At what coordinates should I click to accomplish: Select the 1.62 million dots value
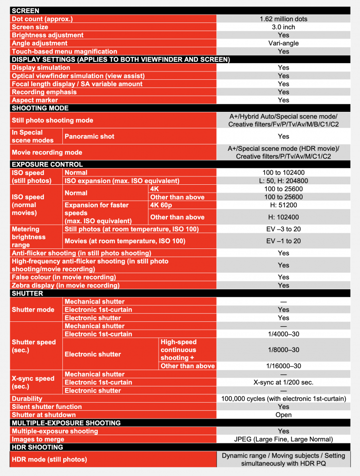[283, 19]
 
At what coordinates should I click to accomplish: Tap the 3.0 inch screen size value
[283, 27]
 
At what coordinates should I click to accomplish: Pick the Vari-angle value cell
[283, 43]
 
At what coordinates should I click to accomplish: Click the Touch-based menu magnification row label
[64, 52]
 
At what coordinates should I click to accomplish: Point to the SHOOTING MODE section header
[40, 108]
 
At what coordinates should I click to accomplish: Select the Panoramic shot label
[90, 137]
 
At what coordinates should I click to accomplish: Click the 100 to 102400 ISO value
[283, 173]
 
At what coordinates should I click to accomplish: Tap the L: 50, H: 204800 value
[283, 181]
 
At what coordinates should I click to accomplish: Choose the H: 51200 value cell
[283, 205]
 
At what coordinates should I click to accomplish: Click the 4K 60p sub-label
[162, 205]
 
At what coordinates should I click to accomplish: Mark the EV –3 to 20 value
[283, 229]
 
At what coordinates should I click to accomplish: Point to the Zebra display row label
[65, 285]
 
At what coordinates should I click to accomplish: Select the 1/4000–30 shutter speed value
[283, 334]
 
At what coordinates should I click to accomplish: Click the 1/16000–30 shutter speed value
[283, 366]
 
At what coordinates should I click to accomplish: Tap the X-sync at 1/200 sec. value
[283, 382]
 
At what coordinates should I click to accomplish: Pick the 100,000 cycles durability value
[283, 399]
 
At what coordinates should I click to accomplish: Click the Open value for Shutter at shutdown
[283, 415]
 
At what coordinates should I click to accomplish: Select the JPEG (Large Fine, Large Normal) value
[283, 439]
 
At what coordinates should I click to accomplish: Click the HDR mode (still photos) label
[49, 459]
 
